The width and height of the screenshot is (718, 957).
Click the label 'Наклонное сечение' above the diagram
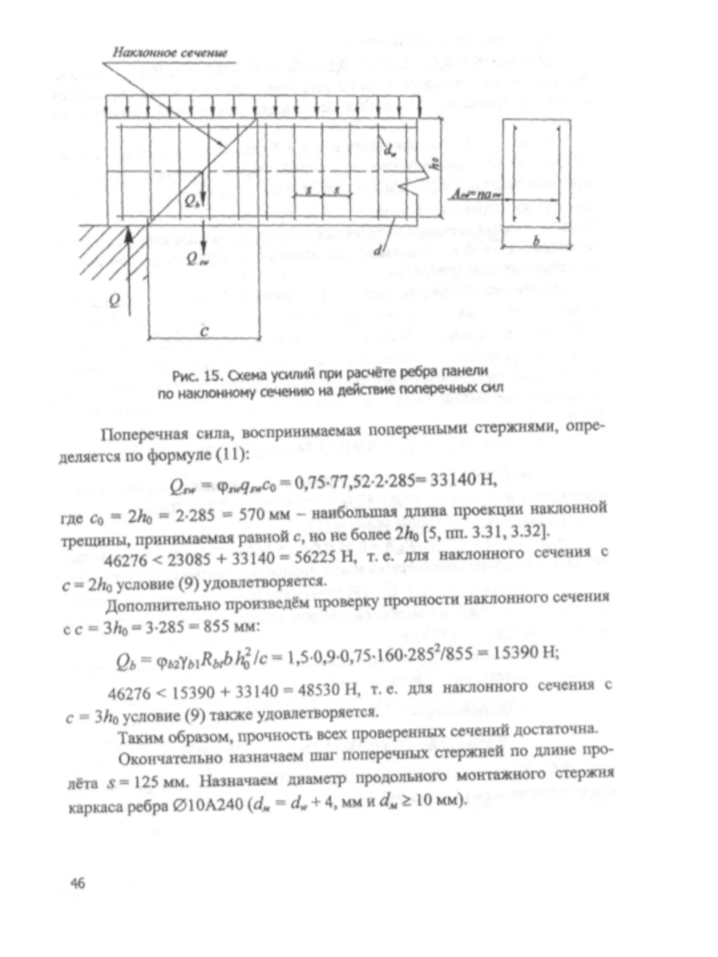(x=171, y=54)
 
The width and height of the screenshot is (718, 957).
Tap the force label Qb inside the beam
(x=192, y=203)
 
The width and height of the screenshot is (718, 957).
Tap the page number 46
(x=78, y=883)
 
